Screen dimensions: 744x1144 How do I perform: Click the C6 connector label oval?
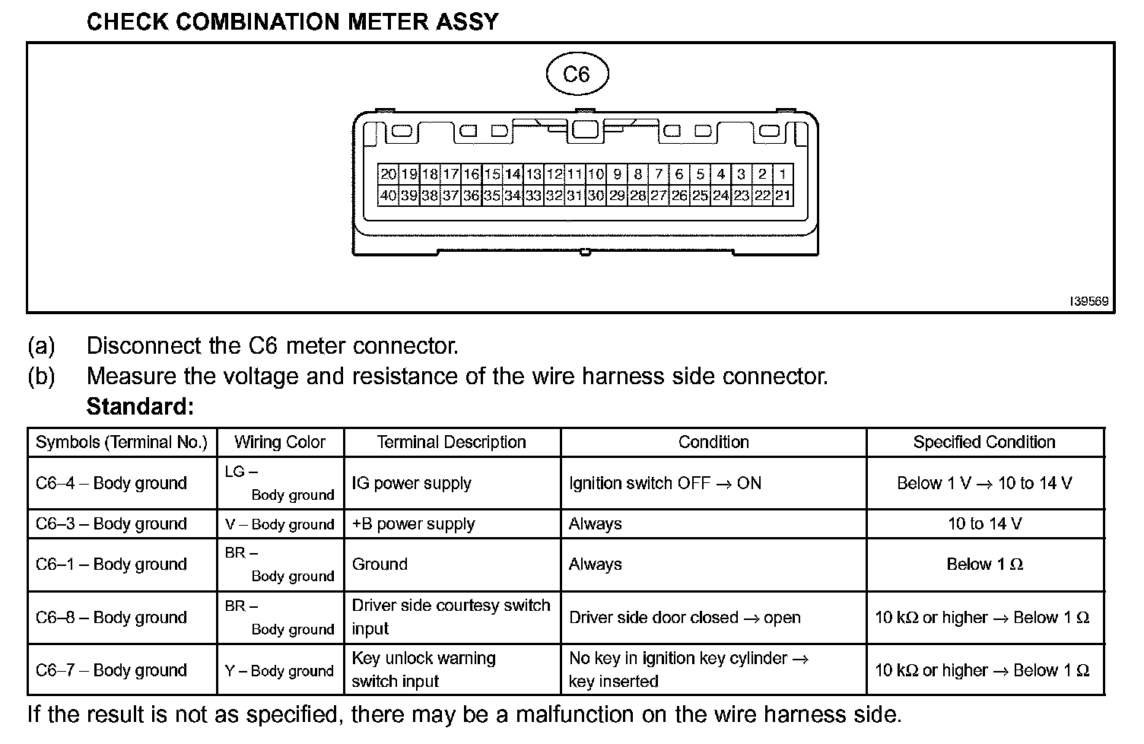[577, 75]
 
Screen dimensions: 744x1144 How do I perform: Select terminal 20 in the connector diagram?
[388, 174]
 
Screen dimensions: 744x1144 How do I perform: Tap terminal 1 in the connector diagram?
[783, 174]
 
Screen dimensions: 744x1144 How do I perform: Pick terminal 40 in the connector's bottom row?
[388, 196]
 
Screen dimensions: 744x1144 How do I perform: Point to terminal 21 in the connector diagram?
[783, 196]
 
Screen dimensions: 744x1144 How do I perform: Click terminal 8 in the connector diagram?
[637, 174]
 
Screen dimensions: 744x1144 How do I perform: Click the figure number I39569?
[1089, 301]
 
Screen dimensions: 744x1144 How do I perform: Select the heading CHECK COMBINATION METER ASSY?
[293, 22]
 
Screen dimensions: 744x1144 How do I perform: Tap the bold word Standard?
[141, 407]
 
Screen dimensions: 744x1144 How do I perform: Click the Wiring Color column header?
[280, 442]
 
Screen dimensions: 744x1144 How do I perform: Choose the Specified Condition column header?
[984, 442]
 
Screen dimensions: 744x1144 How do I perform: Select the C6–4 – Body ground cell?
[111, 483]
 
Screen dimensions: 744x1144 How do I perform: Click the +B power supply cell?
[413, 524]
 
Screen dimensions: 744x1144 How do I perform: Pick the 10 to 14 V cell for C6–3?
[984, 524]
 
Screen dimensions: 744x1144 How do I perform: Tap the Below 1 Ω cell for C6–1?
[984, 564]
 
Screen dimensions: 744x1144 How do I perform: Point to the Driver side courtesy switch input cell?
[450, 617]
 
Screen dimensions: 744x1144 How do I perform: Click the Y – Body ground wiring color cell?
[280, 671]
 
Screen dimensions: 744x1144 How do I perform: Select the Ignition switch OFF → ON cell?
[665, 483]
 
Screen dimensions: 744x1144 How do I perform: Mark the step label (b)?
[41, 377]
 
